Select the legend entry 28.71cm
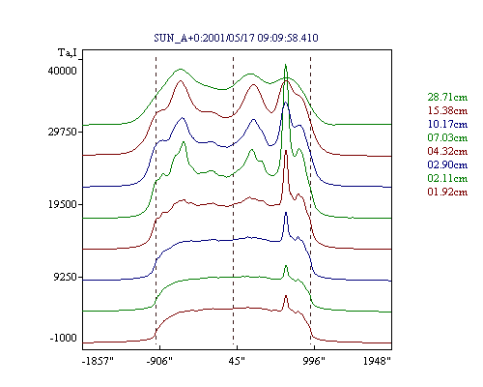coord(447,97)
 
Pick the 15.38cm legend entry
coord(447,110)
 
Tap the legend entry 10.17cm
coord(447,124)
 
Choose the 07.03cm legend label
coord(447,137)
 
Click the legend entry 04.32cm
coord(447,151)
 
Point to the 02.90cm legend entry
coord(447,164)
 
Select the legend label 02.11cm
coord(447,178)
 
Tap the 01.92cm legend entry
coord(447,192)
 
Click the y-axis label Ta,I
coord(68,52)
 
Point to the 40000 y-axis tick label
coord(63,71)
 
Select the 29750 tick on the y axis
coord(63,132)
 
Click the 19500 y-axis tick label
coord(63,204)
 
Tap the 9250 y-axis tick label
coord(66,277)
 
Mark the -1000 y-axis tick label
coord(64,338)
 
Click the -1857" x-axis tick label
coord(99,361)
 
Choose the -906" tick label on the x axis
coord(159,361)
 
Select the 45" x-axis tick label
coord(237,361)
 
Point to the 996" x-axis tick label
coord(314,361)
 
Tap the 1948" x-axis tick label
coord(377,361)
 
